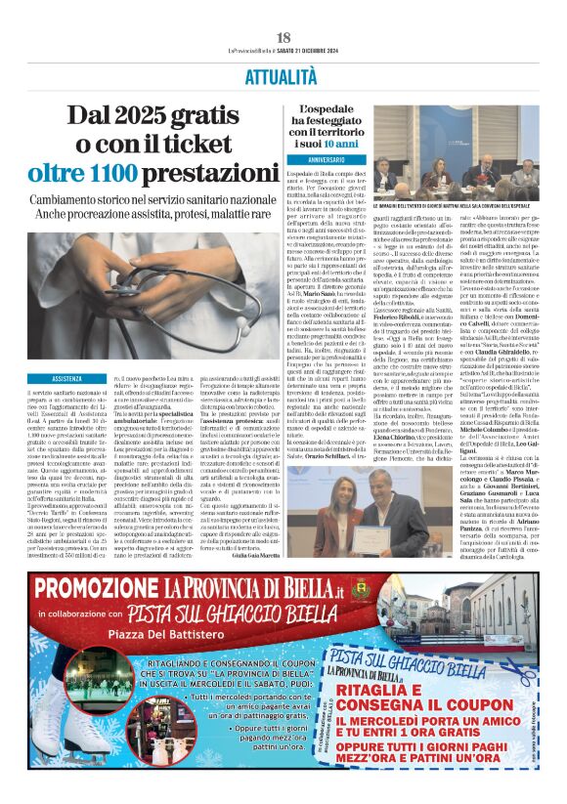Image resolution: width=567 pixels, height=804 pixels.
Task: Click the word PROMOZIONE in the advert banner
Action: (x=96, y=587)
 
